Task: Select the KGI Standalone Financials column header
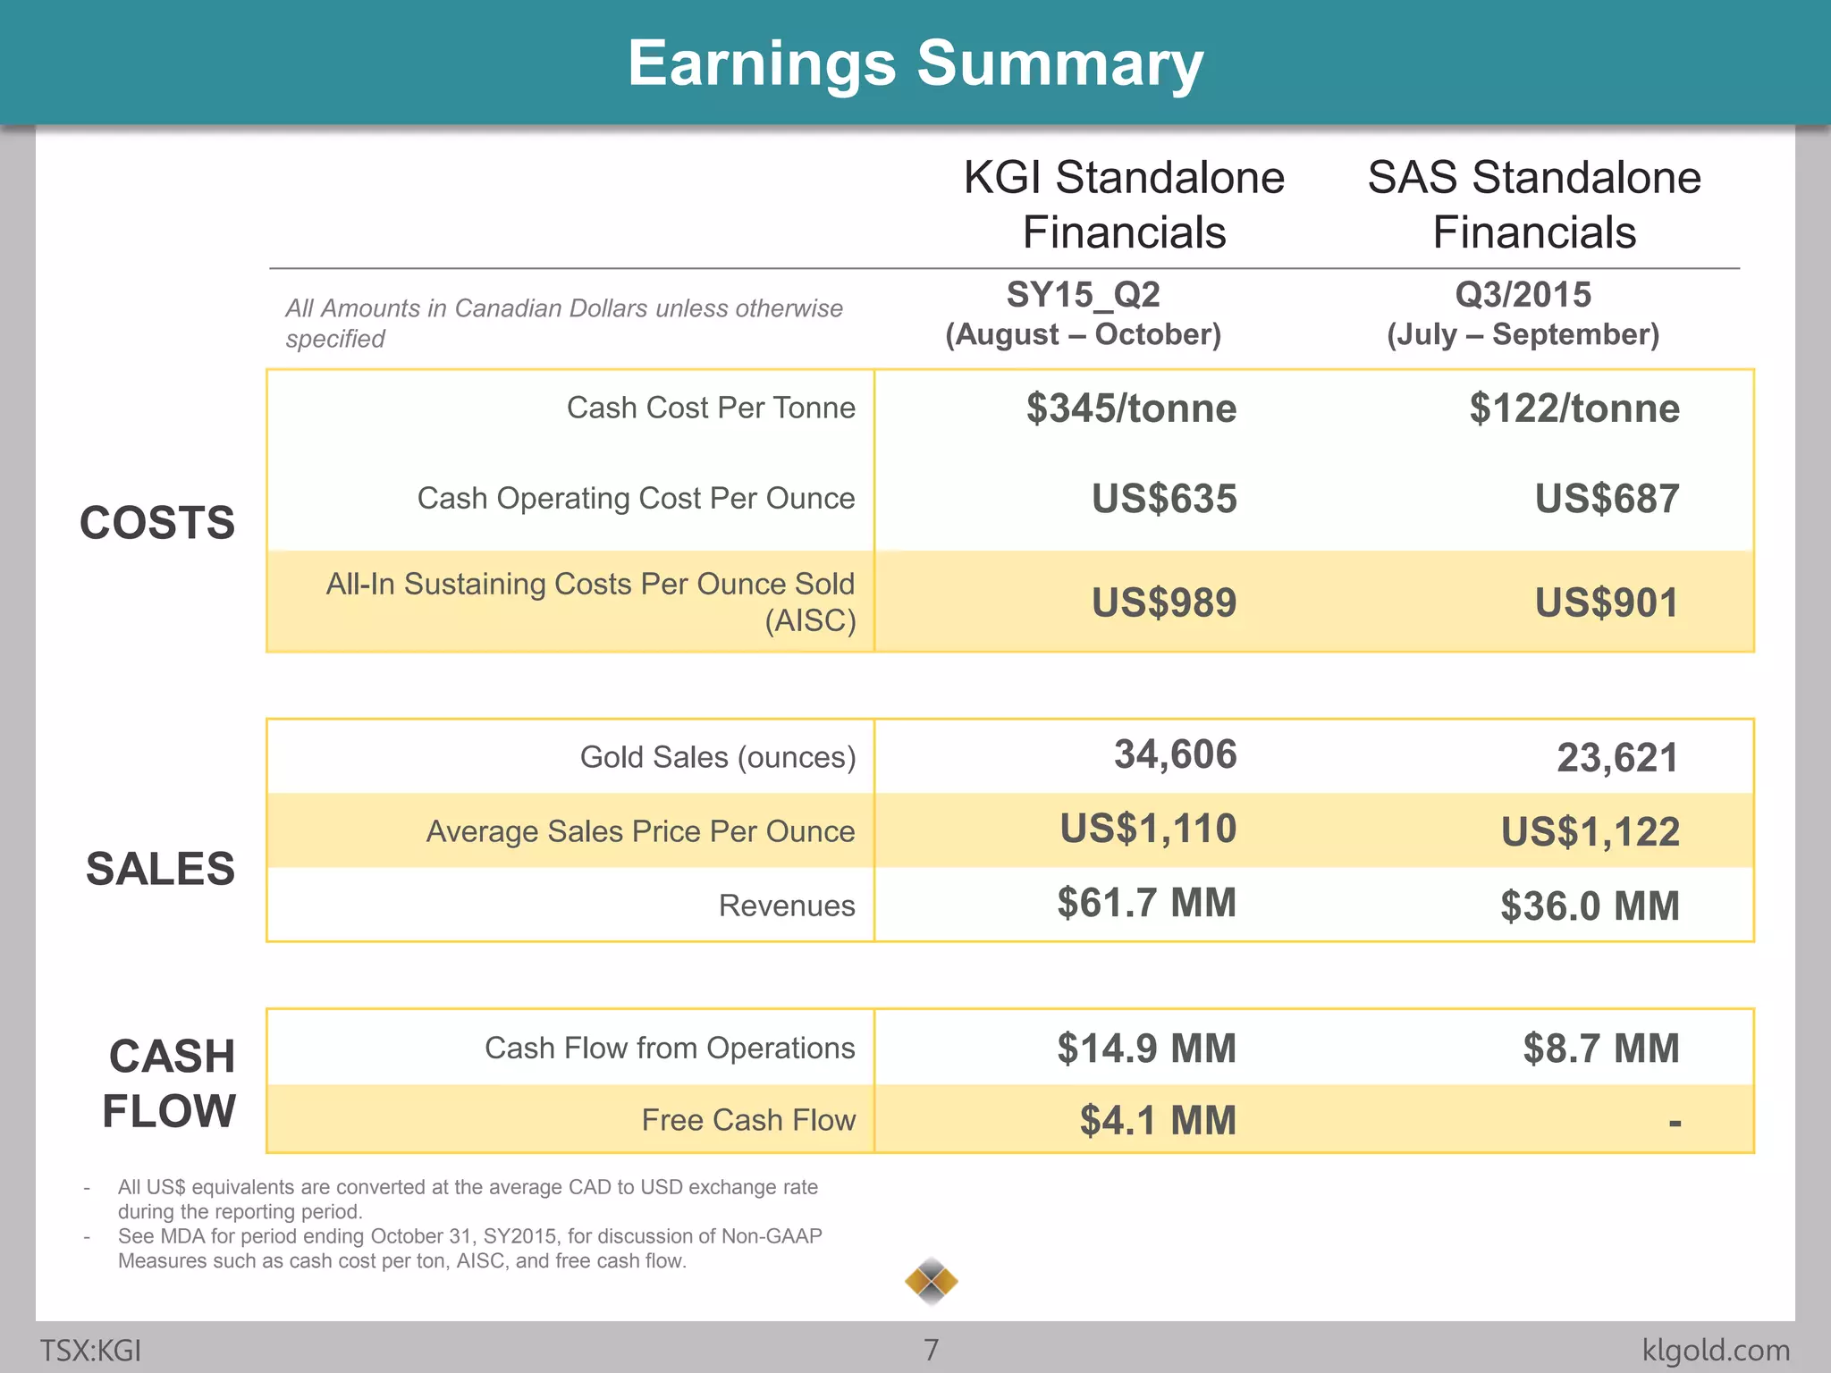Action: click(1124, 205)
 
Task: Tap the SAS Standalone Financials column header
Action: click(1534, 205)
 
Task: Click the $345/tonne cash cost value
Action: click(1131, 409)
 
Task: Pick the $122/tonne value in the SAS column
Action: click(1574, 409)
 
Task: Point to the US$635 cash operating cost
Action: click(1164, 499)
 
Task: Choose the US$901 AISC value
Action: click(1607, 602)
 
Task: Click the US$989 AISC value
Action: click(1164, 602)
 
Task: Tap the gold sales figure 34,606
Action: click(1175, 754)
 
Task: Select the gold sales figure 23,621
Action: click(1617, 758)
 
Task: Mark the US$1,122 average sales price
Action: click(1590, 832)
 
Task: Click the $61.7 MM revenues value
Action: click(1146, 903)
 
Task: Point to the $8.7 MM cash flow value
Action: click(1600, 1049)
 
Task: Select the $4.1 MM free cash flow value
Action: click(1158, 1120)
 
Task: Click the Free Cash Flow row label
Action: click(748, 1120)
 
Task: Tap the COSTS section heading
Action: click(157, 523)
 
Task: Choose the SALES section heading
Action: click(160, 869)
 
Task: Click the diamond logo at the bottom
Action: click(931, 1282)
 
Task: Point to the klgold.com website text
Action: click(1716, 1350)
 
